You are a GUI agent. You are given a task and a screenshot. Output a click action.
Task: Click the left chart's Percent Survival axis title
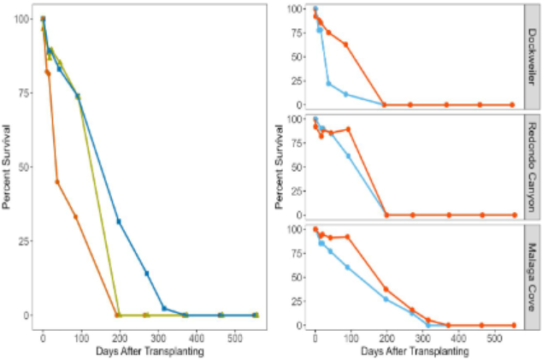point(8,166)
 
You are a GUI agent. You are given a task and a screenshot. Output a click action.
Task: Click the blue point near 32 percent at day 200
point(119,221)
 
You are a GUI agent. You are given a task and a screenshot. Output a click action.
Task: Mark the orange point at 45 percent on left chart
point(57,182)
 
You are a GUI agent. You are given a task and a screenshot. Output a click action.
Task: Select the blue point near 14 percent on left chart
point(147,274)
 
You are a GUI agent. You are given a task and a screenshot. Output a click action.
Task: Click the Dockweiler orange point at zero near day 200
point(384,104)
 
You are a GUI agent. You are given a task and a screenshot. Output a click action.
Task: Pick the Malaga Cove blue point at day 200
point(386,299)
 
